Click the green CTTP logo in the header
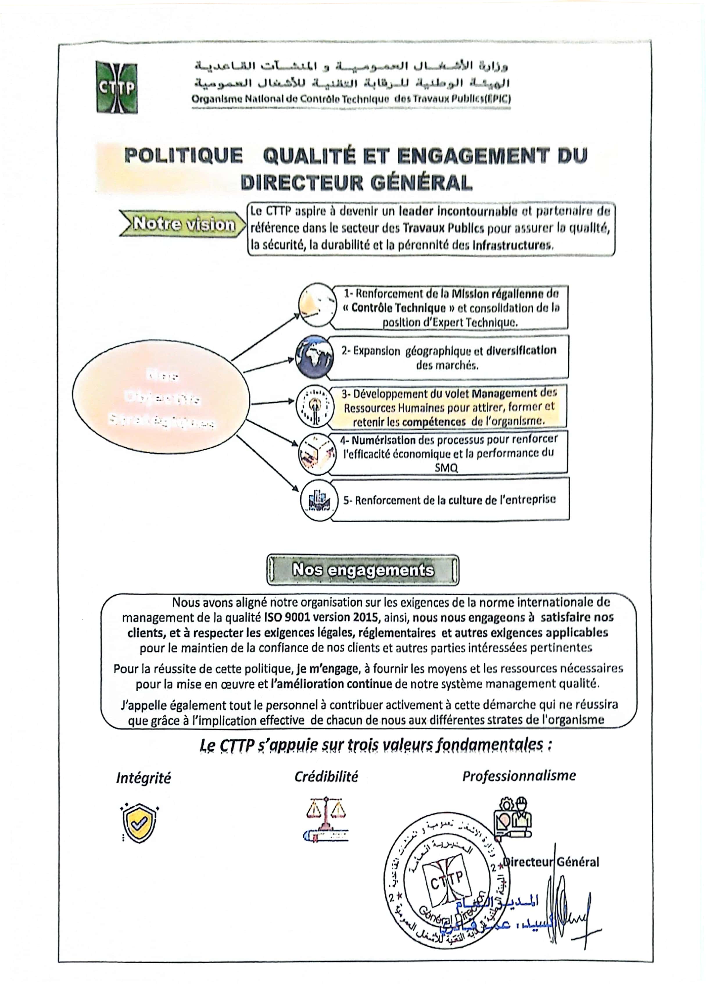(x=117, y=88)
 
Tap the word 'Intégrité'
(x=143, y=778)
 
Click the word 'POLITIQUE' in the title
(x=183, y=156)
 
